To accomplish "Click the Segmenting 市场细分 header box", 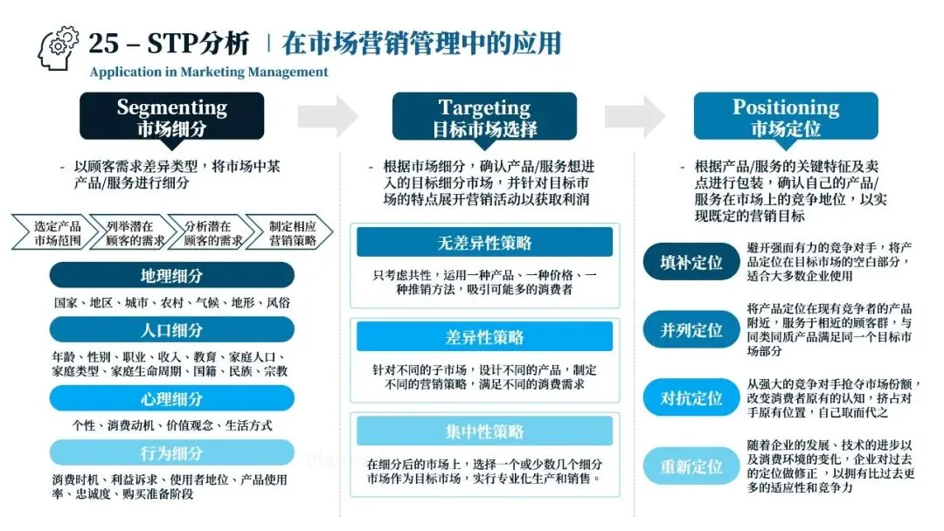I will (172, 117).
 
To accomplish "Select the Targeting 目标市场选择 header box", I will (484, 117).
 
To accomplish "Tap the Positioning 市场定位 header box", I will (786, 117).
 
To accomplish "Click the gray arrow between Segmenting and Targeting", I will (328, 116).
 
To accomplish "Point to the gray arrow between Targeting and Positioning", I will (635, 116).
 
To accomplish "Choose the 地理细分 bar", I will (172, 275).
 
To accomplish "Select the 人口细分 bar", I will (172, 330).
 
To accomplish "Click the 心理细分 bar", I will (172, 399).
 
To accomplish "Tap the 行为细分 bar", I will (172, 453).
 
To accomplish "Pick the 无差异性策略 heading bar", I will (484, 243).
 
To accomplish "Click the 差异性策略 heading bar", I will (484, 337).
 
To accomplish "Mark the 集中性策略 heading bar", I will (484, 431).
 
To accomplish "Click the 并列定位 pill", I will (691, 330).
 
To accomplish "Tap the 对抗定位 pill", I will (691, 398).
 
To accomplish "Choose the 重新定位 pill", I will (691, 466).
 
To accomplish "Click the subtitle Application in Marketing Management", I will (209, 72).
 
